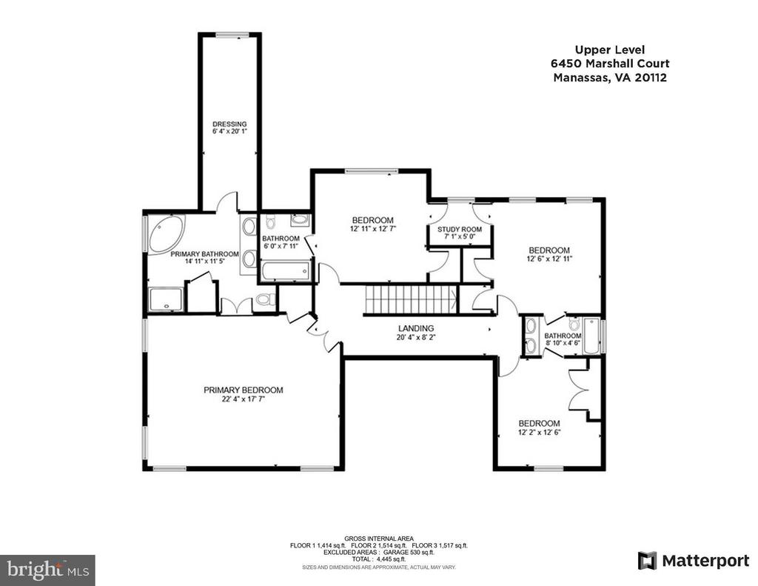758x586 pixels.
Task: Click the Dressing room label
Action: click(229, 124)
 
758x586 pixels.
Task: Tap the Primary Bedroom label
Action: click(243, 390)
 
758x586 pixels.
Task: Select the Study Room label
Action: click(460, 230)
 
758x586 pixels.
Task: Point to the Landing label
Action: click(416, 329)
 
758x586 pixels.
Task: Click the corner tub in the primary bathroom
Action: click(167, 233)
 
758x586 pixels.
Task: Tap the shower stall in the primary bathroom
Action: click(166, 299)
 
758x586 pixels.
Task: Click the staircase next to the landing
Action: click(410, 299)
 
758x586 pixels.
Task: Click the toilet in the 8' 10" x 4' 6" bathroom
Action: click(574, 324)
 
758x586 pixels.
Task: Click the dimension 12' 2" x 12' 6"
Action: click(539, 433)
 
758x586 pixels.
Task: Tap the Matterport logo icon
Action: click(647, 560)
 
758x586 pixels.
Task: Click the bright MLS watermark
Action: click(48, 570)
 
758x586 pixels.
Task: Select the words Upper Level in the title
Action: click(610, 50)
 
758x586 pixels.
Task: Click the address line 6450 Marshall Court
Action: click(610, 64)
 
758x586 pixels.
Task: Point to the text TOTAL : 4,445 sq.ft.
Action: click(379, 559)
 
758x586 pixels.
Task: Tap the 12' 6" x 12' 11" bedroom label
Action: click(549, 254)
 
